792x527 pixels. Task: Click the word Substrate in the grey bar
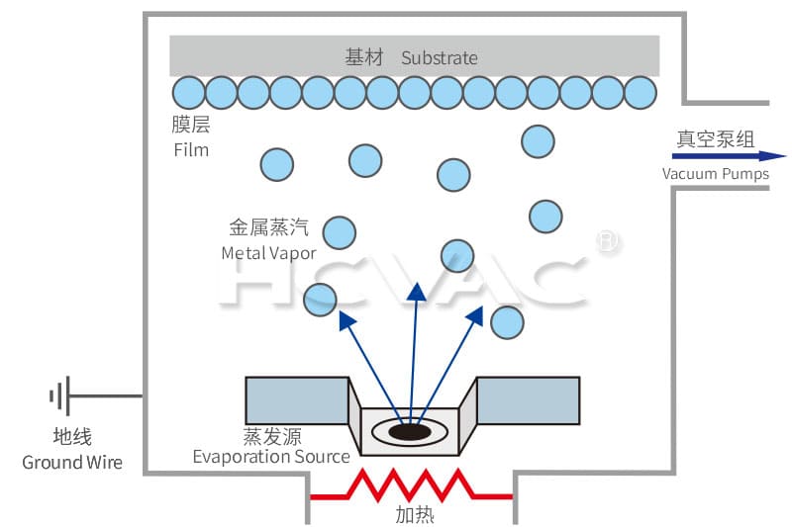click(x=440, y=57)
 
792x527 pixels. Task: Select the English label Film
click(x=191, y=150)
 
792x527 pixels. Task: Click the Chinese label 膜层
click(x=191, y=126)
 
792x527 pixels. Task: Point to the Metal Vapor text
click(x=268, y=253)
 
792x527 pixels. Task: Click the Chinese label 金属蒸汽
click(x=269, y=228)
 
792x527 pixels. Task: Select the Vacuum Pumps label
click(x=715, y=174)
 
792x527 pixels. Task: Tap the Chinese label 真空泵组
click(x=716, y=139)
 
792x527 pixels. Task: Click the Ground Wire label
click(x=72, y=462)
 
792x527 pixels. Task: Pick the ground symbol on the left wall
click(x=59, y=397)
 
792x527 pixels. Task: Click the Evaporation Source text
click(x=270, y=456)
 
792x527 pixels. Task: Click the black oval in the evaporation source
click(x=409, y=431)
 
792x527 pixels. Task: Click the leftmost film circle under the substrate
click(x=189, y=92)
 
